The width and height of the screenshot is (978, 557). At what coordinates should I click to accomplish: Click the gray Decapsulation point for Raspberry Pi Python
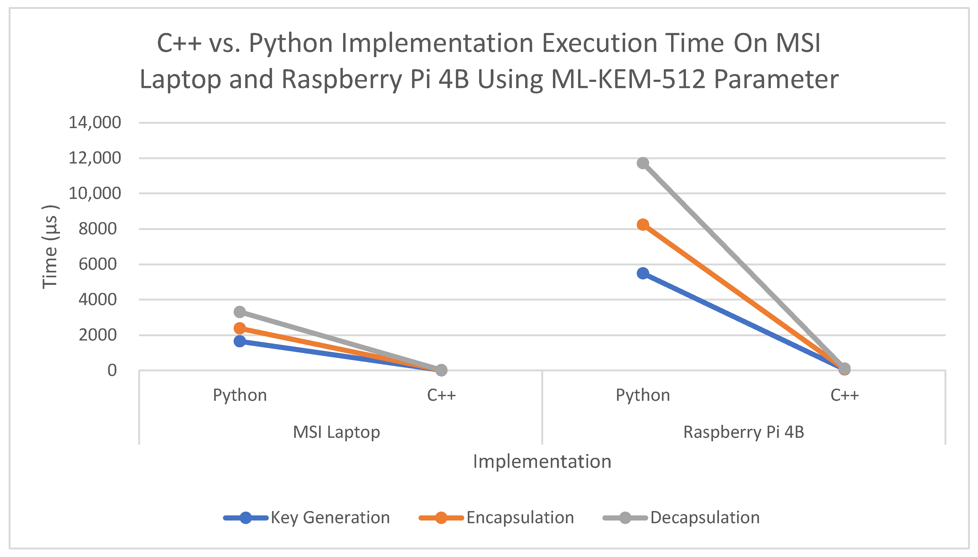[643, 163]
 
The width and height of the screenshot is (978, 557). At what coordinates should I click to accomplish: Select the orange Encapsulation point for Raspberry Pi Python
[643, 225]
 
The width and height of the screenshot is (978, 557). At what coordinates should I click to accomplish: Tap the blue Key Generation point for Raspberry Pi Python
[643, 273]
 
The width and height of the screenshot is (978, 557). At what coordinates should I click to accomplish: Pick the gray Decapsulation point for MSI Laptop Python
[240, 312]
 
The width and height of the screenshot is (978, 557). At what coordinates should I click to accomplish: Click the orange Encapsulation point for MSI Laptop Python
[240, 328]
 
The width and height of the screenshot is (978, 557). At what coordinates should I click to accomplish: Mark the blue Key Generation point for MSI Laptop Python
[240, 341]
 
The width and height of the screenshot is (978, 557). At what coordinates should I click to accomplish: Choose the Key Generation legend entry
[330, 518]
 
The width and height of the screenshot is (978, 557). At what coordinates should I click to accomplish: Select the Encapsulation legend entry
[520, 518]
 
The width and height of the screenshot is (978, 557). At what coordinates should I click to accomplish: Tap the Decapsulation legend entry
[704, 518]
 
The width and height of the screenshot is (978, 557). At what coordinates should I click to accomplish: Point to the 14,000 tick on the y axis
[95, 123]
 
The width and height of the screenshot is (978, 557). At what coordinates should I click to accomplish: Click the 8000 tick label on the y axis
[98, 229]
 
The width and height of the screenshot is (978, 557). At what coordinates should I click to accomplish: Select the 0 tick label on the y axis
[112, 370]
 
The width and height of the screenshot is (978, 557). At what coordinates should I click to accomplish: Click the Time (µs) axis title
[50, 247]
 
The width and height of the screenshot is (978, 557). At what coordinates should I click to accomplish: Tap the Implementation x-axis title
[542, 461]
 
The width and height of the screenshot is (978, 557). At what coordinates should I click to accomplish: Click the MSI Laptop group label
[336, 432]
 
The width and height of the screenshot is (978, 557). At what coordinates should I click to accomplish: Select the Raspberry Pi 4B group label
[744, 432]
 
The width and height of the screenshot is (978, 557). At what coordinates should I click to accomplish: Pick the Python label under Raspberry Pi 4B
[643, 395]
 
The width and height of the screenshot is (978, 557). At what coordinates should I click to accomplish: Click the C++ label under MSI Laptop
[441, 395]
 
